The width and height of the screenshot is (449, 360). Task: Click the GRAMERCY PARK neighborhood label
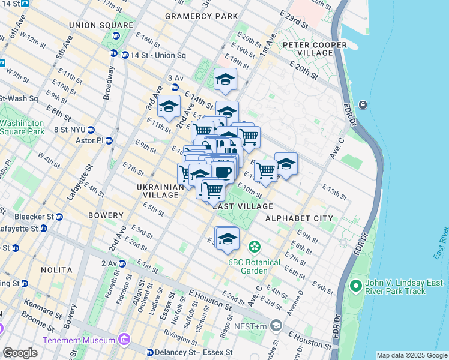point(201,16)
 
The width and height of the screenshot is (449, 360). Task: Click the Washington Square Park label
point(22,127)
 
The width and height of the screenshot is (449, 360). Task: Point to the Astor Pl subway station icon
point(109,140)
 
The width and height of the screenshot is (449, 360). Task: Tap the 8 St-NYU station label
point(71,130)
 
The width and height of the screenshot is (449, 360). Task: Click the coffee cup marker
point(223,172)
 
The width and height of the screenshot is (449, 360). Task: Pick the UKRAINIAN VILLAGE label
point(160,191)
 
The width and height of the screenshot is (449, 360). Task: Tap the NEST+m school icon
point(276,325)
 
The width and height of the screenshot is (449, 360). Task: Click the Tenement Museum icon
point(125,340)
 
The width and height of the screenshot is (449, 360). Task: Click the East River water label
point(441,243)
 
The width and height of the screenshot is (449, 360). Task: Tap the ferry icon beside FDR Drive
point(363,106)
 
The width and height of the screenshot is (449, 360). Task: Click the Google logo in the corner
point(19,353)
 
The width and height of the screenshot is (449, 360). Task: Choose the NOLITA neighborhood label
point(56,270)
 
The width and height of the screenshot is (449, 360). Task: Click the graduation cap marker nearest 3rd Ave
point(169,107)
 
